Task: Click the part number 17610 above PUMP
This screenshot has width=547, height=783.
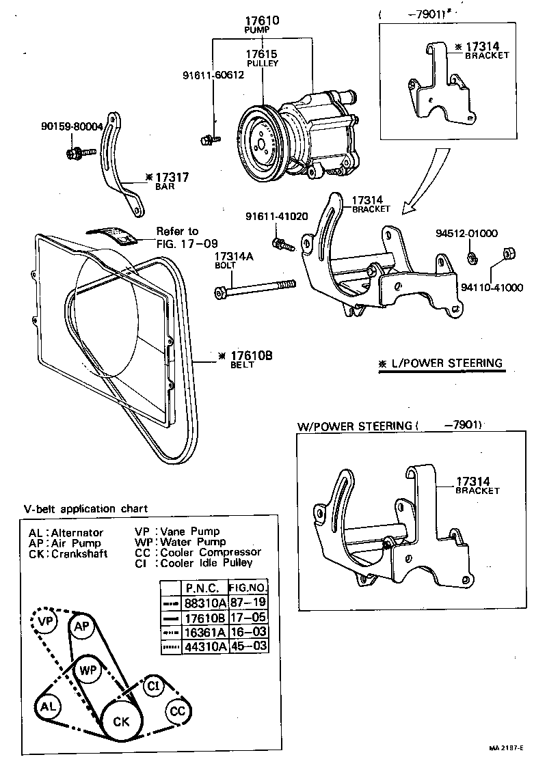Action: click(263, 22)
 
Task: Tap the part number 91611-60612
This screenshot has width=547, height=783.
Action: click(213, 75)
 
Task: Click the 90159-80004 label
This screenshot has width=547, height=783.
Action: click(71, 126)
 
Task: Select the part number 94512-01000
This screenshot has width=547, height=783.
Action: click(476, 233)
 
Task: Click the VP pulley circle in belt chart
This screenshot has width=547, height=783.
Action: click(46, 622)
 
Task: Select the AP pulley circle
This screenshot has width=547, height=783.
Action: click(82, 627)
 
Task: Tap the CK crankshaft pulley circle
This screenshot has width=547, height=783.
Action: click(121, 721)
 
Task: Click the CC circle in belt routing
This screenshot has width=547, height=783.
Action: click(178, 711)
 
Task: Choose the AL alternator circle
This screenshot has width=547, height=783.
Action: click(47, 706)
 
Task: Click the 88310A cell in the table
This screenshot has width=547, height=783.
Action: click(202, 603)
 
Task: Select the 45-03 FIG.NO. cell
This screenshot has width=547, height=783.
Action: click(248, 646)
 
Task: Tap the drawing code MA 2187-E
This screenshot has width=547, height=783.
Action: click(506, 767)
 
